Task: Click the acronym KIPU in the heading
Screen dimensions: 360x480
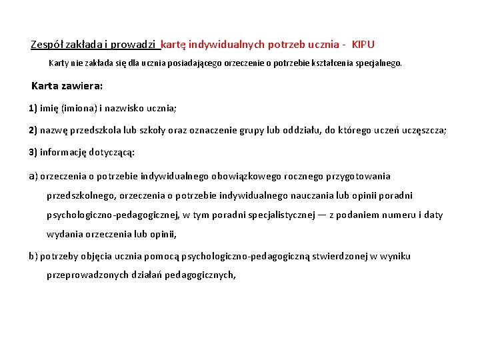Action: click(363, 45)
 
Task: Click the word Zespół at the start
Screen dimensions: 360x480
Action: click(47, 45)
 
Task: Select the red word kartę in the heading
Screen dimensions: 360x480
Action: click(174, 45)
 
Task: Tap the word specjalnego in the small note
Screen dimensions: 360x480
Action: click(379, 64)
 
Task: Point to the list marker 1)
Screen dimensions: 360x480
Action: click(33, 107)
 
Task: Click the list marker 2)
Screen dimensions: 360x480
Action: click(33, 130)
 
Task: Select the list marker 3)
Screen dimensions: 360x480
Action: click(33, 152)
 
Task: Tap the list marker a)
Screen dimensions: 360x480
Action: click(33, 176)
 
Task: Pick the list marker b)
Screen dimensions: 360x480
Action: click(33, 256)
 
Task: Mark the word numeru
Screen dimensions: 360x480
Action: click(387, 215)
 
